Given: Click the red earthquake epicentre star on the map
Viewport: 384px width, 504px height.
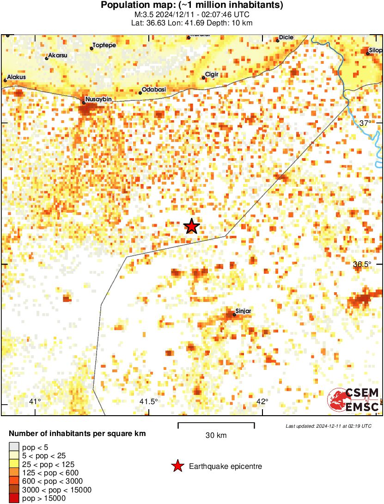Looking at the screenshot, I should tap(191, 226).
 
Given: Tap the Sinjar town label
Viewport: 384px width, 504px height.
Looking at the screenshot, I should tap(243, 311).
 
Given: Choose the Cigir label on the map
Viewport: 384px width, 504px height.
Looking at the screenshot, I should tap(211, 74).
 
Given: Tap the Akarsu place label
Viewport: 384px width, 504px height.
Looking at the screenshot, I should tap(58, 55).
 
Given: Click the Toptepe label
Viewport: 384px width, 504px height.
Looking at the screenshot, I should tap(104, 45).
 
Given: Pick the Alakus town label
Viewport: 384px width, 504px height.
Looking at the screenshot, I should tap(17, 77).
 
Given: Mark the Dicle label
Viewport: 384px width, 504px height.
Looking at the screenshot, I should tap(286, 37).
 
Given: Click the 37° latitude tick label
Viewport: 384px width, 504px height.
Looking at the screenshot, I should tap(365, 123).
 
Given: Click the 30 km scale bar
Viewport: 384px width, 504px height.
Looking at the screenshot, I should tap(216, 423).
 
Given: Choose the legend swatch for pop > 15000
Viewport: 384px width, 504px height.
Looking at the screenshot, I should tap(14, 498).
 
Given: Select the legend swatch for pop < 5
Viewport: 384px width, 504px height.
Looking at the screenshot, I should tap(14, 447).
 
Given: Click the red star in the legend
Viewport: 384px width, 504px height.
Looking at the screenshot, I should tap(177, 467).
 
